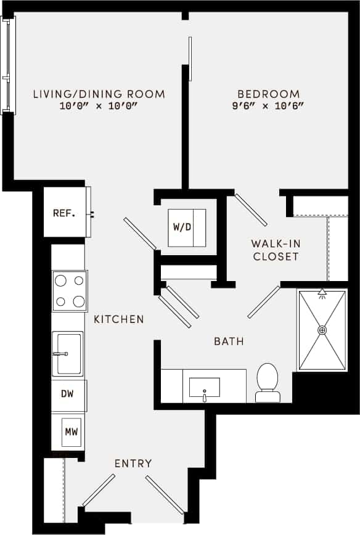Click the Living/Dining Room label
99,94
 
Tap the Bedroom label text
269,94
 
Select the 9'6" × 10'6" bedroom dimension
269,106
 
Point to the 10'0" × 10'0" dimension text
99,106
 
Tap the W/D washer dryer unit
186,227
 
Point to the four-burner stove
69,291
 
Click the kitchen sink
67,354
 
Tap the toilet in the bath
268,382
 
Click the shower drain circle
322,330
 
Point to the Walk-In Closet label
276,250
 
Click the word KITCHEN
119,319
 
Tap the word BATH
229,341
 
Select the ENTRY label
133,464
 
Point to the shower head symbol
322,294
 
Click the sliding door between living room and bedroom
190,59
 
